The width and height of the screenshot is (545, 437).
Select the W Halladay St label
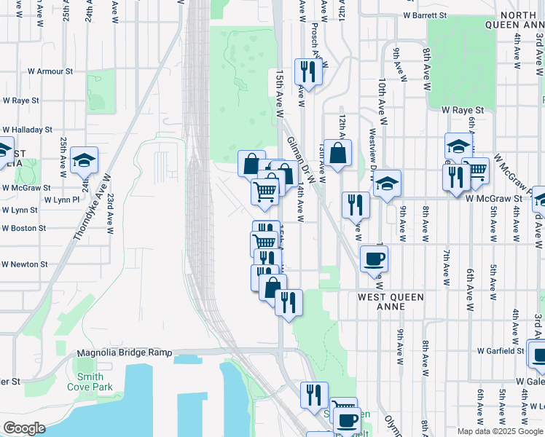(x=28, y=129)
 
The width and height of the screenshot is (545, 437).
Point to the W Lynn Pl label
(x=61, y=199)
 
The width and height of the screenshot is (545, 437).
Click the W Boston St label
(x=23, y=228)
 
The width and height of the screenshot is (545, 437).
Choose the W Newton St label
(x=24, y=264)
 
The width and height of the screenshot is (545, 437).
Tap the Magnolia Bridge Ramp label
(x=125, y=353)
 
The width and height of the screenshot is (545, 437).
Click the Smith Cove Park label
(x=95, y=382)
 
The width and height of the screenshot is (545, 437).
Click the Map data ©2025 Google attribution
(x=499, y=431)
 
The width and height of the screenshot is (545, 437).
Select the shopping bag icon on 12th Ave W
(x=337, y=154)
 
